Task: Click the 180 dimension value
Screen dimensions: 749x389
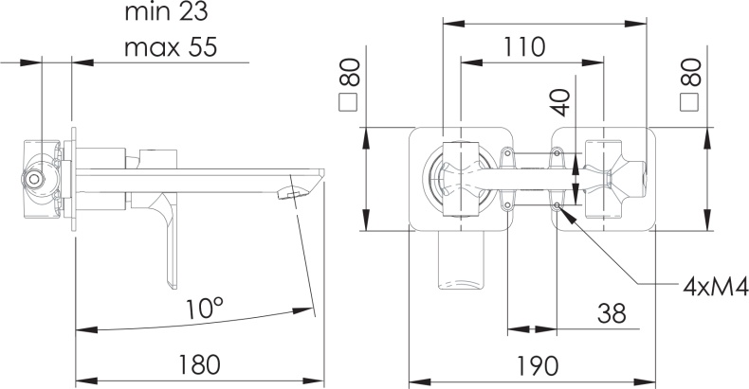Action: (x=200, y=364)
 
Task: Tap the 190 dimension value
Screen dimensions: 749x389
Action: (x=537, y=365)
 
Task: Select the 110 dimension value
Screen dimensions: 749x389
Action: (x=524, y=46)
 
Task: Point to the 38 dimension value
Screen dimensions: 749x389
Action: (x=612, y=313)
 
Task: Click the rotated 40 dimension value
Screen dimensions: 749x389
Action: (x=563, y=102)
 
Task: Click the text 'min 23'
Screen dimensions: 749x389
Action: (x=166, y=12)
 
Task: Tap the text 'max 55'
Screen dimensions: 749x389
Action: (x=171, y=47)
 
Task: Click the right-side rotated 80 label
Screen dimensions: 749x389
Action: (x=691, y=72)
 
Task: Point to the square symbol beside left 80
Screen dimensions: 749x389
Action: (x=347, y=103)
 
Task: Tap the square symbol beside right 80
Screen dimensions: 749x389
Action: (x=688, y=103)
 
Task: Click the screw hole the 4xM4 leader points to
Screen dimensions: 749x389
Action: (x=557, y=205)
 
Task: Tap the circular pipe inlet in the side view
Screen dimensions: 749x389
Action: (x=33, y=179)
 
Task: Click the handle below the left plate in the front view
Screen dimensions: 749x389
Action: (x=461, y=260)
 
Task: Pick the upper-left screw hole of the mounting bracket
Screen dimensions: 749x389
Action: (x=507, y=153)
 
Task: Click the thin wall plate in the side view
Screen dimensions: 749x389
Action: (x=74, y=179)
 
